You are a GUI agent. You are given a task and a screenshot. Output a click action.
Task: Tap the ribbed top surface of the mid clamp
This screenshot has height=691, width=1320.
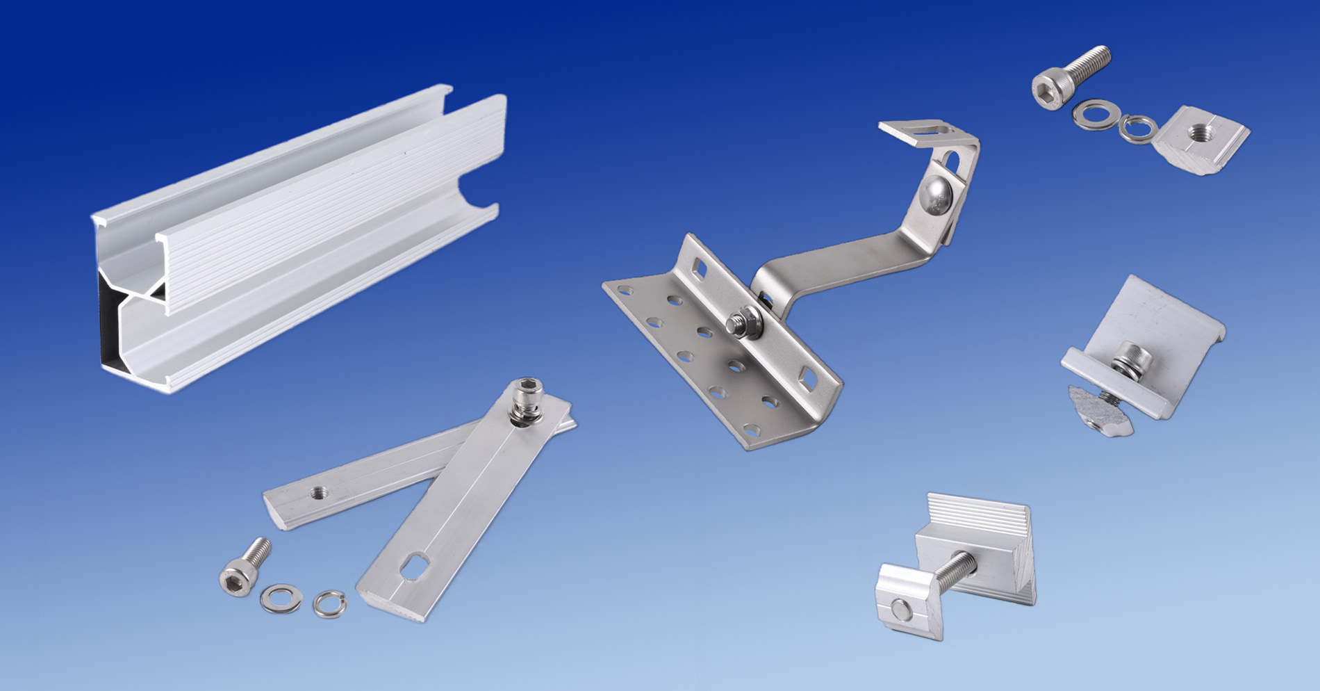point(980,514)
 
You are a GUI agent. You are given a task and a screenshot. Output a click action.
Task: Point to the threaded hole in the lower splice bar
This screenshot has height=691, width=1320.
point(319,492)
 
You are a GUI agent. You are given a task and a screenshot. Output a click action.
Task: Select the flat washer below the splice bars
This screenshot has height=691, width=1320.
point(280,597)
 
